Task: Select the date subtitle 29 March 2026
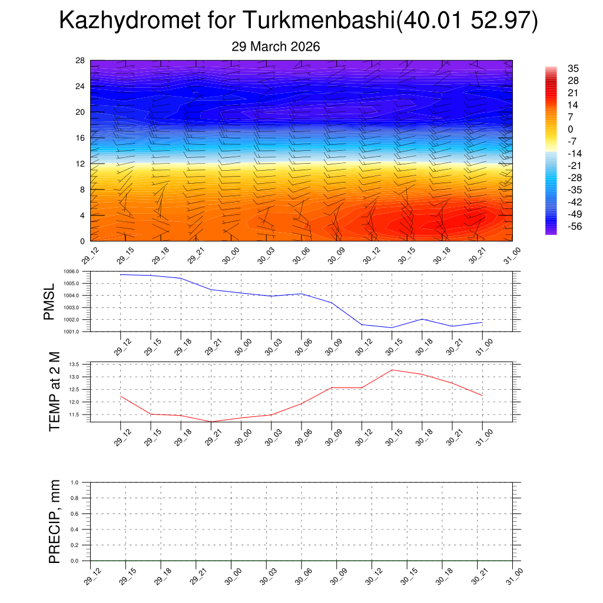[276, 47]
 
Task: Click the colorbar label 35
[572, 68]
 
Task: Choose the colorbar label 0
[570, 129]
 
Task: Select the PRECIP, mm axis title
[54, 521]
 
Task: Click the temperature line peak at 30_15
[392, 370]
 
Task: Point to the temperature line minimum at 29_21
[211, 422]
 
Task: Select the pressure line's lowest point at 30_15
[392, 328]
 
